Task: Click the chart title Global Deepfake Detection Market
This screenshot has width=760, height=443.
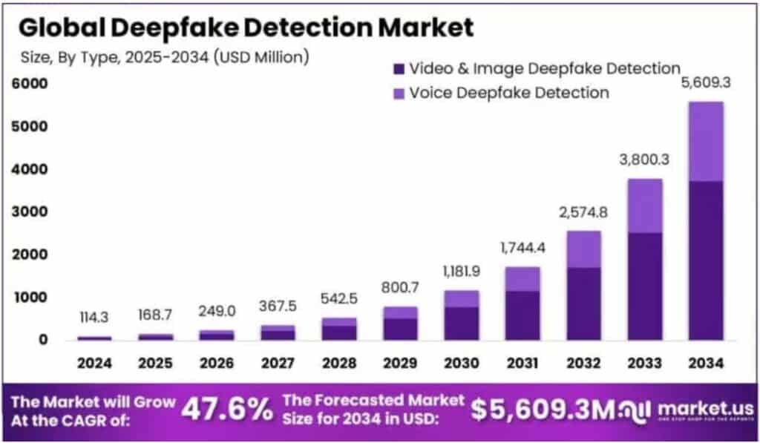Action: point(245,27)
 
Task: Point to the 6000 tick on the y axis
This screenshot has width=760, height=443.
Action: point(29,84)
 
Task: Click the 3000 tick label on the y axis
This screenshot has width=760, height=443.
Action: point(29,212)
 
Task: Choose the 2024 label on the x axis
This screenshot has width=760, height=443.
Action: point(94,364)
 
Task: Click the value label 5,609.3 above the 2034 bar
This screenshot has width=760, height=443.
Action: point(705,82)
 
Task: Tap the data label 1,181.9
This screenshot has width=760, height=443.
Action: point(461,272)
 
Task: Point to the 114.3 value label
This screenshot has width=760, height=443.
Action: point(94,318)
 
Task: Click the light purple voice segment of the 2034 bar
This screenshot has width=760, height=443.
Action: point(705,141)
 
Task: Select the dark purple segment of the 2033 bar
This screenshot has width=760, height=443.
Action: point(644,286)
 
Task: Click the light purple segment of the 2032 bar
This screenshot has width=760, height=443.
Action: point(583,249)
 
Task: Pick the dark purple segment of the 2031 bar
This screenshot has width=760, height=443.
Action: point(522,315)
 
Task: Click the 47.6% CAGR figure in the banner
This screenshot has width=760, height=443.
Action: point(227,409)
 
